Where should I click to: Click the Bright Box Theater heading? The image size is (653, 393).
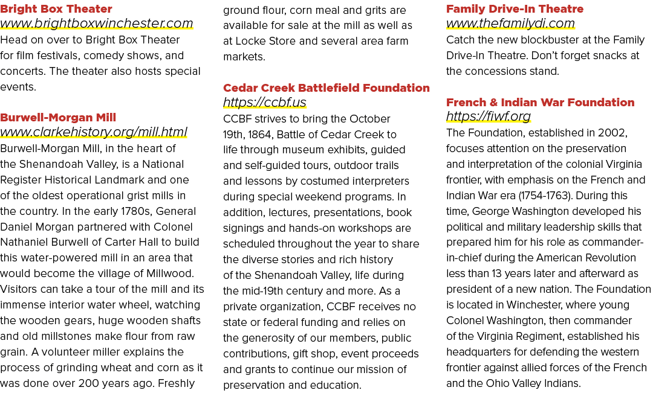point(56,8)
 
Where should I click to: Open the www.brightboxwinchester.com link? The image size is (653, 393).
point(97,24)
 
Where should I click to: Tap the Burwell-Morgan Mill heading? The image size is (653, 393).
point(58,117)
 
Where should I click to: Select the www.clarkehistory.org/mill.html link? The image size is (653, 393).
point(94,132)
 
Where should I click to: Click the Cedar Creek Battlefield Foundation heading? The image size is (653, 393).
point(326,88)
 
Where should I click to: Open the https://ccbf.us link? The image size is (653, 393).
point(264,102)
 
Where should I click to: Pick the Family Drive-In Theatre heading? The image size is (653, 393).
point(515,8)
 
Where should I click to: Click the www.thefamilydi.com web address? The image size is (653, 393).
point(510,24)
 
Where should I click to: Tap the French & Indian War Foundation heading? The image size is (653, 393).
point(540,102)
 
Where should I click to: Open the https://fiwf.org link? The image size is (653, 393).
point(488,117)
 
